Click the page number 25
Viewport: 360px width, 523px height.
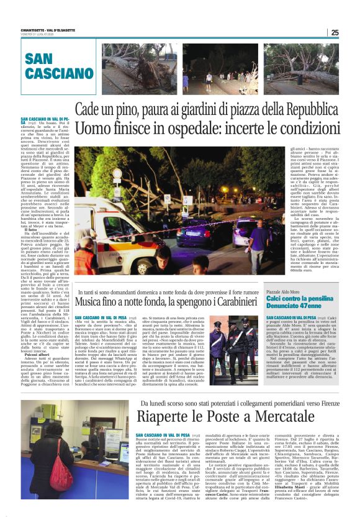click(x=335, y=33)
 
